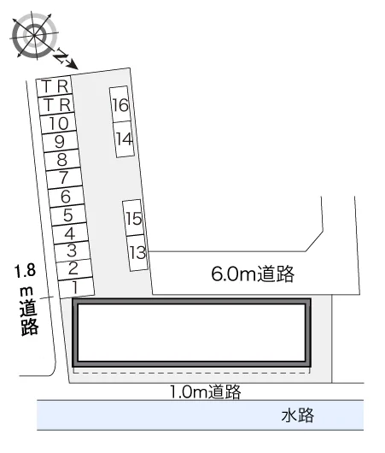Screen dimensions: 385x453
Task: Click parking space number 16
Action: click(120, 104)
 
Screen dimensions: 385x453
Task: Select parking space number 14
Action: click(125, 139)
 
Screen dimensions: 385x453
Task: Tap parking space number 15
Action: click(134, 218)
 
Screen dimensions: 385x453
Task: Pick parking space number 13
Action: click(138, 253)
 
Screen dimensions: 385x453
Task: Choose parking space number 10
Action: click(59, 123)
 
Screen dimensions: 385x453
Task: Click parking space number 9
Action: click(61, 142)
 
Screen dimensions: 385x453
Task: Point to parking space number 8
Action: click(62, 160)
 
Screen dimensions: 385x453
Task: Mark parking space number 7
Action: click(65, 178)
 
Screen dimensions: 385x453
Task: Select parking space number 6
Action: click(67, 197)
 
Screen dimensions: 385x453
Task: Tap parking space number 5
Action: click(68, 215)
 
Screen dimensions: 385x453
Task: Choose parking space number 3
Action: click(73, 250)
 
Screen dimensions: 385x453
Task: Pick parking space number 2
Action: click(74, 268)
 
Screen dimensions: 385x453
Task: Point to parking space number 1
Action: click(76, 288)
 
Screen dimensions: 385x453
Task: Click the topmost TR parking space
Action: click(55, 85)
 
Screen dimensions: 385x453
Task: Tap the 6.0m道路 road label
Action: click(253, 274)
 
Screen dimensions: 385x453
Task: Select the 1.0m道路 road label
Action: click(206, 391)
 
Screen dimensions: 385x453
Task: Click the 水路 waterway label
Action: click(298, 415)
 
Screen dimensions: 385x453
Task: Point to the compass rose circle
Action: click(34, 35)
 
